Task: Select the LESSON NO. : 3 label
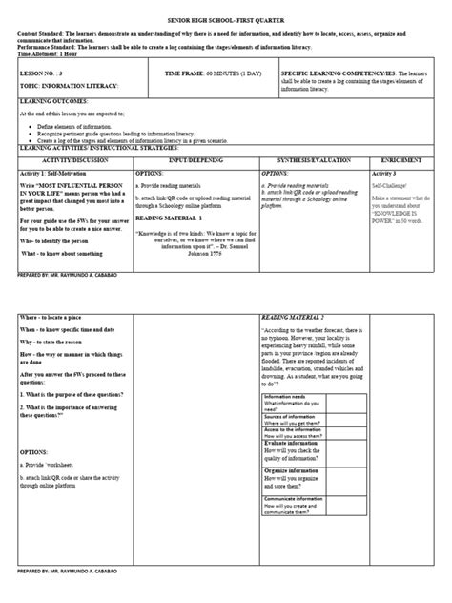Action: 38,73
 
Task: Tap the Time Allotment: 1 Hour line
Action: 50,55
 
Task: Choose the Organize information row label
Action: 293,497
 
